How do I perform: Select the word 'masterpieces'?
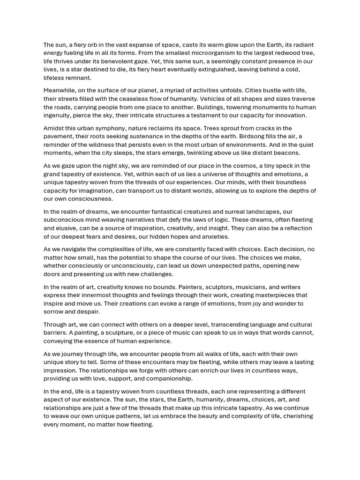[x=268, y=295]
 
